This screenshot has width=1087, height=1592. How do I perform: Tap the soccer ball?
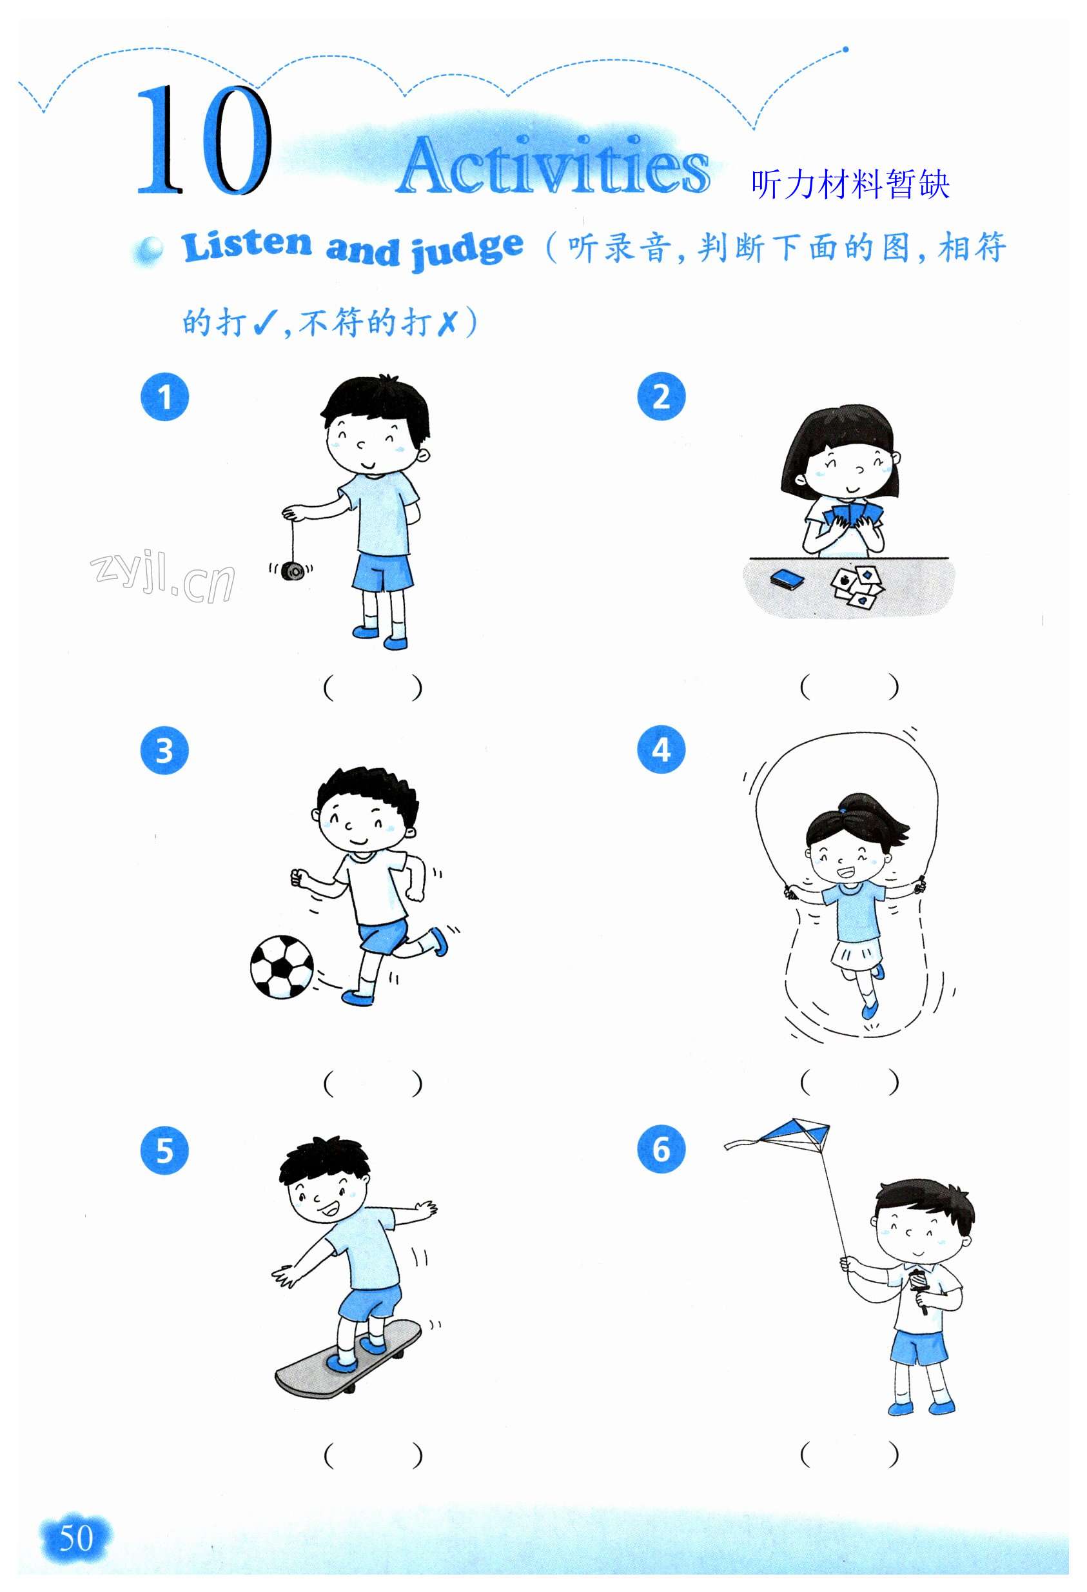point(282,966)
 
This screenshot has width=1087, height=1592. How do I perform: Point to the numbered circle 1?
point(164,397)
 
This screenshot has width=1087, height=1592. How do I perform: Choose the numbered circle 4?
point(661,750)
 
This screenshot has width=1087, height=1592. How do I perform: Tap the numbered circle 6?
point(661,1149)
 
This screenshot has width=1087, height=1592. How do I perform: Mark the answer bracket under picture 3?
point(373,1083)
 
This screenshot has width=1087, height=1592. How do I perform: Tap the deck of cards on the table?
point(787,580)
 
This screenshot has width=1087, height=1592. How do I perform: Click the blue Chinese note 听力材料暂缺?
point(850,185)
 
